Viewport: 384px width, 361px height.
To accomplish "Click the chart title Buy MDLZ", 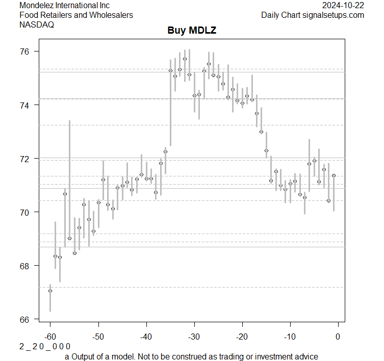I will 192,31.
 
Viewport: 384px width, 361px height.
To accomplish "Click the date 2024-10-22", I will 343,6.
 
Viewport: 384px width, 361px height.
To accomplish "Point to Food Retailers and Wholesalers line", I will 76,15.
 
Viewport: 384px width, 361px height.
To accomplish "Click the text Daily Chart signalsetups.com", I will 313,15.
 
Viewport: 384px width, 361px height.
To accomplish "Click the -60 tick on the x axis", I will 50,337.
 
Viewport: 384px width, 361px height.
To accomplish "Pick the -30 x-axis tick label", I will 194,337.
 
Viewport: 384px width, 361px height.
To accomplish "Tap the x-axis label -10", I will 290,337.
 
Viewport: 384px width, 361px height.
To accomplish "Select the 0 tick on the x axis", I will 338,337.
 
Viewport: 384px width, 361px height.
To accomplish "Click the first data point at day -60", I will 50,291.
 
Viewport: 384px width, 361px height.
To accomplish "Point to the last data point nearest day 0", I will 334,175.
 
